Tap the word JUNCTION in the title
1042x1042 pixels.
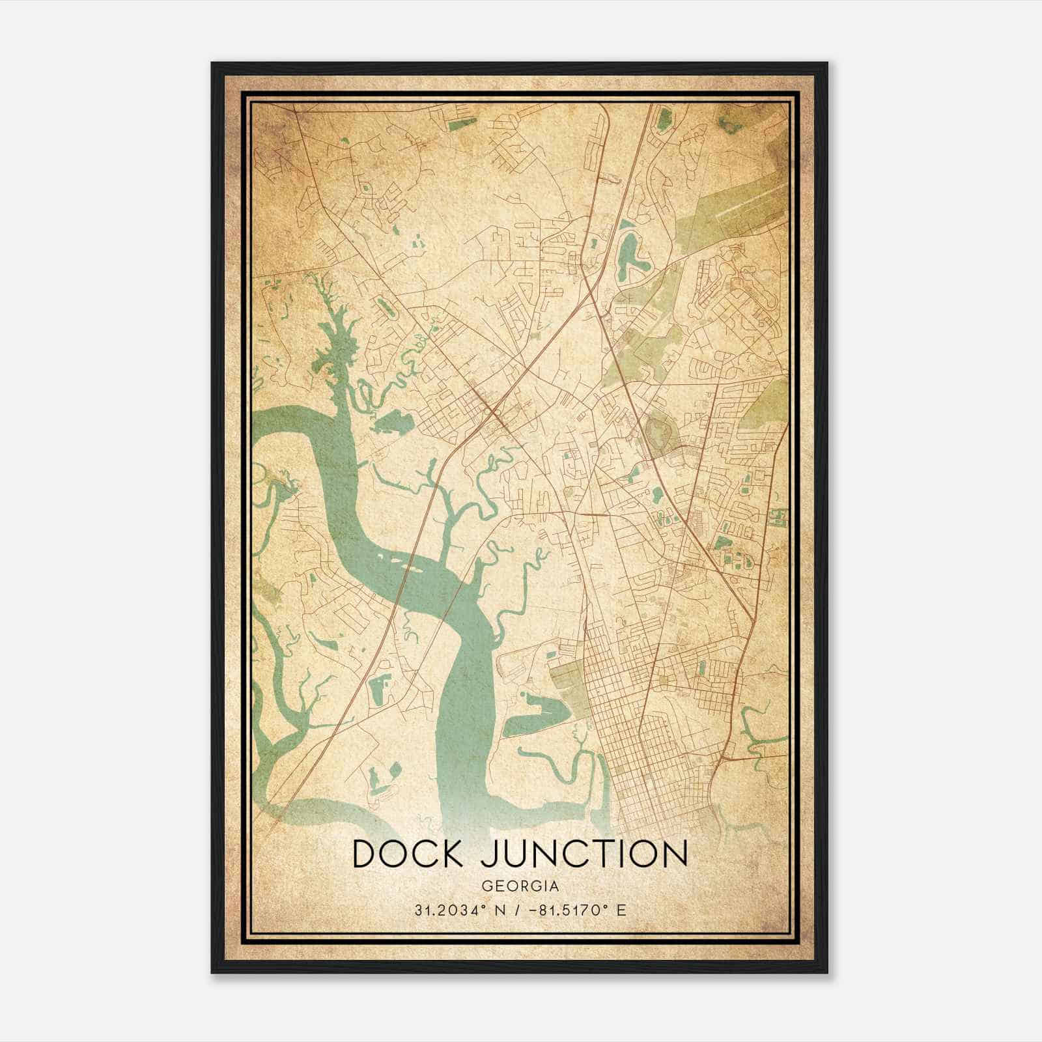click(x=584, y=854)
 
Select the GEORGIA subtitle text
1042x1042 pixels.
click(x=520, y=886)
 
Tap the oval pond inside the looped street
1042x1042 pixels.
click(x=384, y=306)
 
